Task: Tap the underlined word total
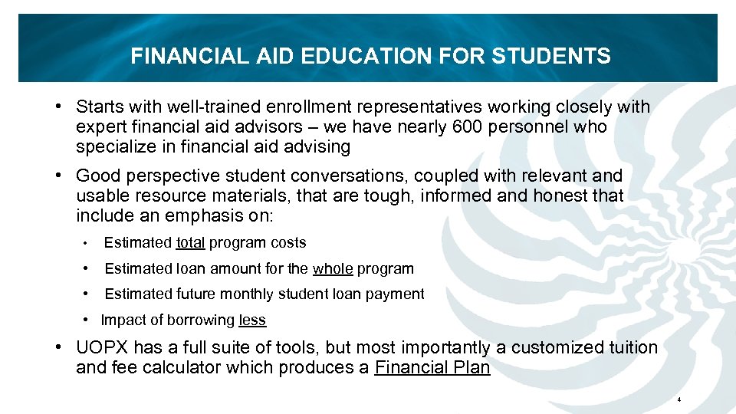point(190,243)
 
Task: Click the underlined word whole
point(332,269)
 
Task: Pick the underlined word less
point(252,320)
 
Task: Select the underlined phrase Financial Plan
point(432,367)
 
